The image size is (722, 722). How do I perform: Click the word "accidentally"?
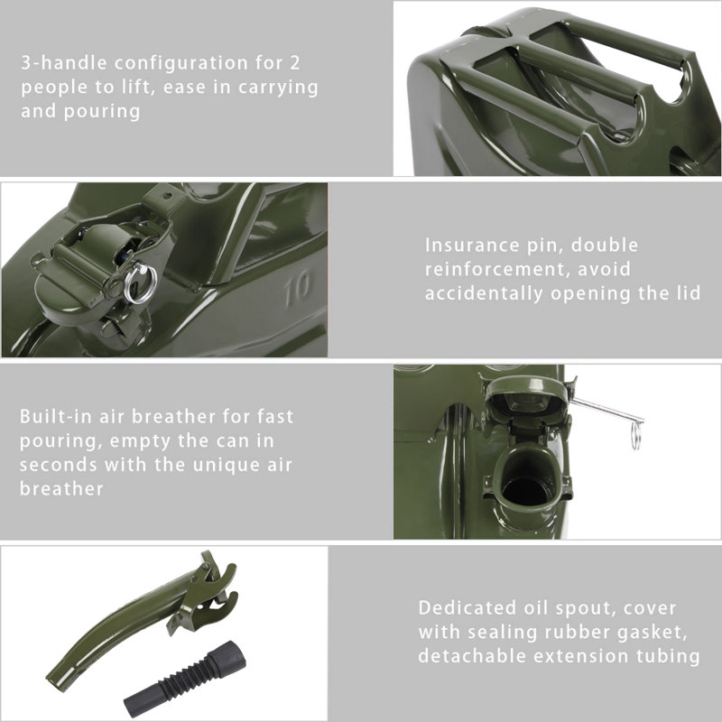[483, 293]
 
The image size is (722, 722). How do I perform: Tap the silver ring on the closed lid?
[140, 284]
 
